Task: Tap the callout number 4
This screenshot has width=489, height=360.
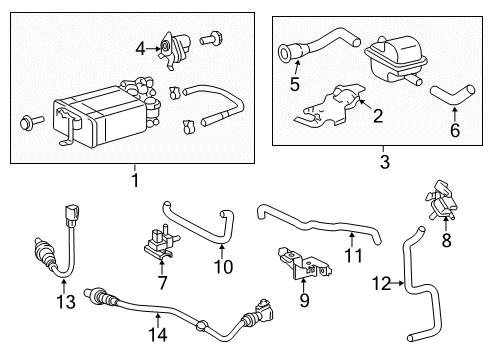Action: click(x=140, y=45)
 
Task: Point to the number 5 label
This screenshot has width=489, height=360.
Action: click(x=295, y=85)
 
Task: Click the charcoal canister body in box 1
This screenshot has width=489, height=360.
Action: click(x=95, y=117)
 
